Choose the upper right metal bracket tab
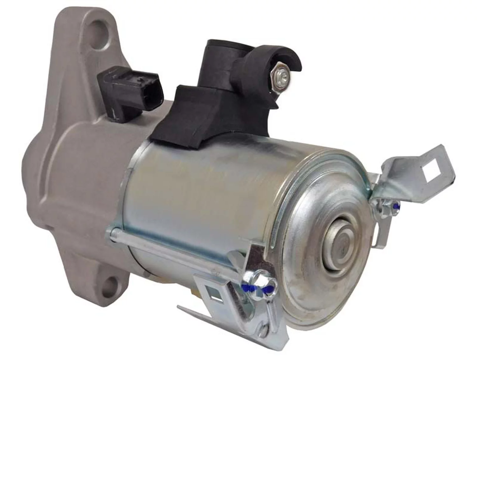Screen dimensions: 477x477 (x=420, y=178)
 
